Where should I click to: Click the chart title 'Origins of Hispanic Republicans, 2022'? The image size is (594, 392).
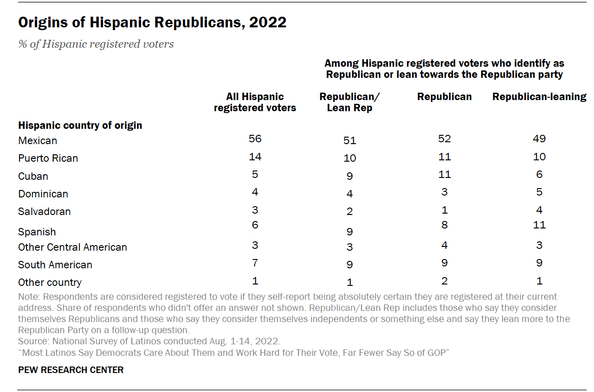pos(152,23)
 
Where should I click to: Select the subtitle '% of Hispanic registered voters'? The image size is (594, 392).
pos(96,44)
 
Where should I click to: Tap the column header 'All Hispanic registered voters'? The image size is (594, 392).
pos(255,102)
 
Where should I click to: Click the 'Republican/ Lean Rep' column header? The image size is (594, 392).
pos(349,102)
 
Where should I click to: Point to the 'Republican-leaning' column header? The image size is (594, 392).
pos(539,97)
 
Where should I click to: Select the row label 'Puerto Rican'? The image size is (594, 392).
pos(48,158)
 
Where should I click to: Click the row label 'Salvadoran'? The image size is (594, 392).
pos(45,212)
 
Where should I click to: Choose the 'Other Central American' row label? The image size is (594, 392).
pos(72,247)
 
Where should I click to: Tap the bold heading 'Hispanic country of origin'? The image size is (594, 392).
pos(80,126)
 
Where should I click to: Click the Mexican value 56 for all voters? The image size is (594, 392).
pos(255,139)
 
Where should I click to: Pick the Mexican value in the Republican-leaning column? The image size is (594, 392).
pos(539,139)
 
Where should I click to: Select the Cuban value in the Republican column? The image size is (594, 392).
pos(444,174)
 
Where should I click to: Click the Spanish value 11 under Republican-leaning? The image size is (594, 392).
pos(539,225)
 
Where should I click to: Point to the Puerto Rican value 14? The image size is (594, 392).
pos(255,157)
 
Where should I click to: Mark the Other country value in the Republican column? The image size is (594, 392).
pos(444,281)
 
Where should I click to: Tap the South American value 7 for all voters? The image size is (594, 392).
pos(255,263)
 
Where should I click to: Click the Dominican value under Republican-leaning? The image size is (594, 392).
pos(539,192)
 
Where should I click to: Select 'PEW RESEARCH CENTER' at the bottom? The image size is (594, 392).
pos(71,370)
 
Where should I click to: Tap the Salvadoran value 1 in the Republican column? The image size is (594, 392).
pos(444,210)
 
